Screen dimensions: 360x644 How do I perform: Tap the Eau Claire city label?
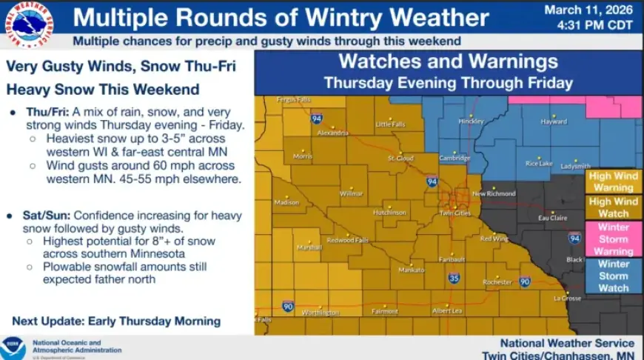[552, 218]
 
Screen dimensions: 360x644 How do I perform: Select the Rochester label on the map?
[497, 282]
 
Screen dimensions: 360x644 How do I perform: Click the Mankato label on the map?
[412, 270]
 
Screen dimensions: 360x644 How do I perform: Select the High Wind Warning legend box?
[613, 181]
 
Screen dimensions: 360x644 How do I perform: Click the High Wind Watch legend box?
[613, 207]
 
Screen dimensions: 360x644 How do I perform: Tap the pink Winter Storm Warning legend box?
[613, 239]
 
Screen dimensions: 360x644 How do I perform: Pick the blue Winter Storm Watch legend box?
[613, 276]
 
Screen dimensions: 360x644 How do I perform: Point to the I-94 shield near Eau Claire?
[574, 238]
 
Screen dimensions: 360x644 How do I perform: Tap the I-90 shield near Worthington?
[288, 306]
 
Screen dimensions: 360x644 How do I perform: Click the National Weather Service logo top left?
[32, 24]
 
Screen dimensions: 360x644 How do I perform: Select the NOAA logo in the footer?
[13, 348]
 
